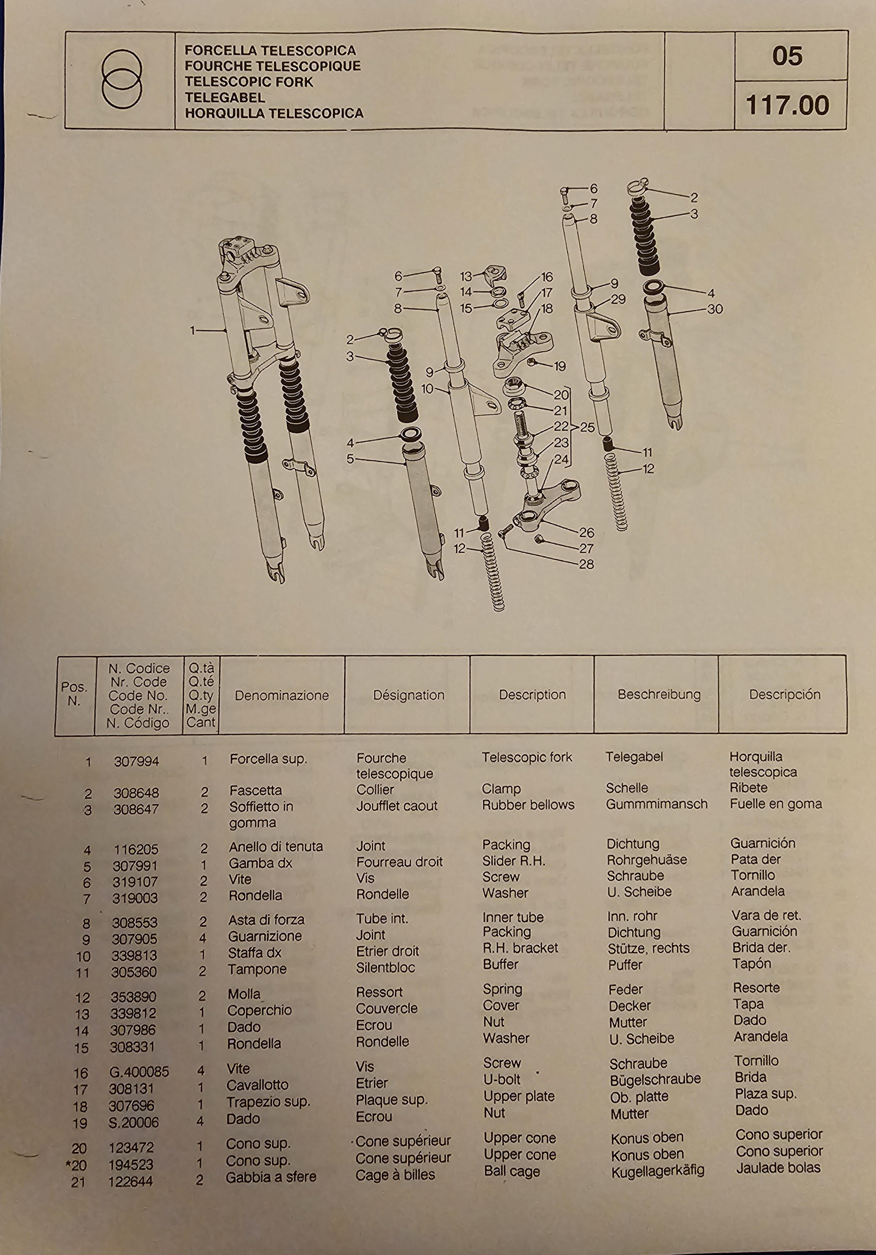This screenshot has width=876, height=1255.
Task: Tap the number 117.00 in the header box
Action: pos(787,105)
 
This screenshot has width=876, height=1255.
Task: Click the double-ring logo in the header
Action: pos(121,79)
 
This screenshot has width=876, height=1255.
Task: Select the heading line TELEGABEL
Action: pos(225,98)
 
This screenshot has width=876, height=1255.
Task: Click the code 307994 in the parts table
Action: pos(136,761)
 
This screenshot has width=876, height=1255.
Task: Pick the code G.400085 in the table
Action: pos(139,1072)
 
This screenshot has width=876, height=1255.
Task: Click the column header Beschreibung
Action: pos(659,695)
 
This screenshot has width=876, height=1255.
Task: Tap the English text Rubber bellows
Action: pos(528,805)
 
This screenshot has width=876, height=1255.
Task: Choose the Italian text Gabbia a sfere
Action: pos(271,1177)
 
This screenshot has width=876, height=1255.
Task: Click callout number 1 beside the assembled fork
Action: pos(192,330)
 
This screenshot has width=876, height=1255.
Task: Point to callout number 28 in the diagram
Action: pos(587,564)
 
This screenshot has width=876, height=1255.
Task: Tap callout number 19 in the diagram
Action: pos(560,366)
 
